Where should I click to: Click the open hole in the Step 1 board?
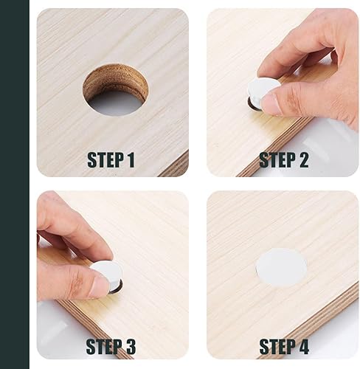coord(116,90)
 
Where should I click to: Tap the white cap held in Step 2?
coord(263,90)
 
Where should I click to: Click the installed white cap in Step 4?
coord(281,268)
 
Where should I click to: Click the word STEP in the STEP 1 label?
coord(105,160)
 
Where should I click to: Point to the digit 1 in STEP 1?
coord(131,160)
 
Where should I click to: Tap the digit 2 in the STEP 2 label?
coord(302,160)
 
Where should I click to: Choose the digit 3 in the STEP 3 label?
coord(130,346)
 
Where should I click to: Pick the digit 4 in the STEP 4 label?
coord(303,346)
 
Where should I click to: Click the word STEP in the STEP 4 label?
coord(277,346)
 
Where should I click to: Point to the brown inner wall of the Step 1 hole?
coord(115,79)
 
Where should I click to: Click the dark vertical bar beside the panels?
coord(15,184)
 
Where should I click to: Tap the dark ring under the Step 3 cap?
coord(117,289)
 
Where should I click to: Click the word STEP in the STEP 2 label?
coord(277,160)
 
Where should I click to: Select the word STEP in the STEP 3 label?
coord(105,346)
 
